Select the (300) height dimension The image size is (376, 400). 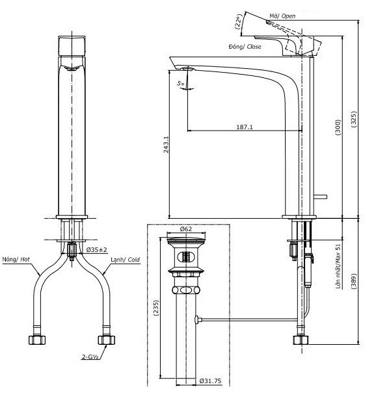(338, 127)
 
